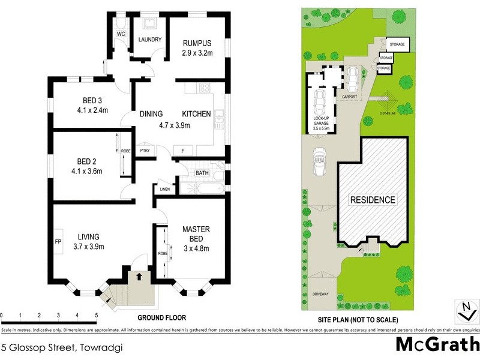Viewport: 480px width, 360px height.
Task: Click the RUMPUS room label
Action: [x=197, y=43]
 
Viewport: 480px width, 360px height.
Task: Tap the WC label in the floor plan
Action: [x=121, y=34]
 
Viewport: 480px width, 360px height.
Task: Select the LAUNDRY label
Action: [x=148, y=40]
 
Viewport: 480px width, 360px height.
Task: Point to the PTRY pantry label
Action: [x=145, y=151]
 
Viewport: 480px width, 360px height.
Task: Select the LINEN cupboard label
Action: [x=164, y=190]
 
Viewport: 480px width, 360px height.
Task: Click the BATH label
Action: [x=202, y=173]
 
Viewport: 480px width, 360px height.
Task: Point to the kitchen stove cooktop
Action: [x=204, y=88]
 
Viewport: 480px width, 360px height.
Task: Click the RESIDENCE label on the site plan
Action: [x=373, y=200]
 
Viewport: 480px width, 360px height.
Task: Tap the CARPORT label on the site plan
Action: [x=350, y=97]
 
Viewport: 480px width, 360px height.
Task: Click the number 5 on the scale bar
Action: [x=96, y=315]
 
